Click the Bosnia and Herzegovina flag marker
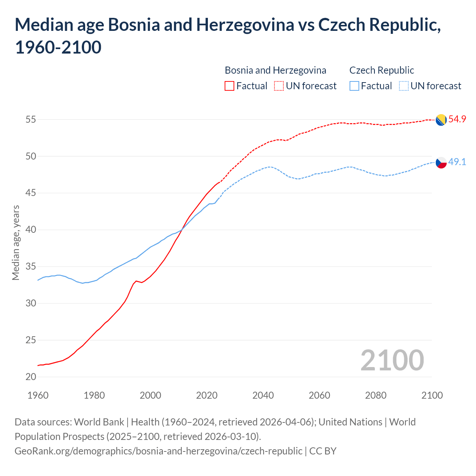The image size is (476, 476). pos(441,120)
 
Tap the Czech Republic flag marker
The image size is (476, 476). pos(441,163)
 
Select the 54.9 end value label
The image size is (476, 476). pos(457,119)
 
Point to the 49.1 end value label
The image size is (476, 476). pos(457,162)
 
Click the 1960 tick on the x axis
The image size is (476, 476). pos(38,395)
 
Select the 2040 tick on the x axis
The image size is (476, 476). pos(263,395)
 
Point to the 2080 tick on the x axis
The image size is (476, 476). pos(376,395)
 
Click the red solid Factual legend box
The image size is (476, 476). pos(229,86)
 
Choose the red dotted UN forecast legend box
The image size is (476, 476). pos(279,86)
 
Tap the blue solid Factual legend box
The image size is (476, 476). pos(354,86)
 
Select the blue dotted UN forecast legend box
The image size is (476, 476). pos(404,86)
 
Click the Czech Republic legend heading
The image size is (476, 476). pos(382,70)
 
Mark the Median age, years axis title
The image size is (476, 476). pos(16,242)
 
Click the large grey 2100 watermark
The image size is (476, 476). pos(392,360)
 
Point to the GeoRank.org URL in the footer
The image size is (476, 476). pos(158,451)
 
